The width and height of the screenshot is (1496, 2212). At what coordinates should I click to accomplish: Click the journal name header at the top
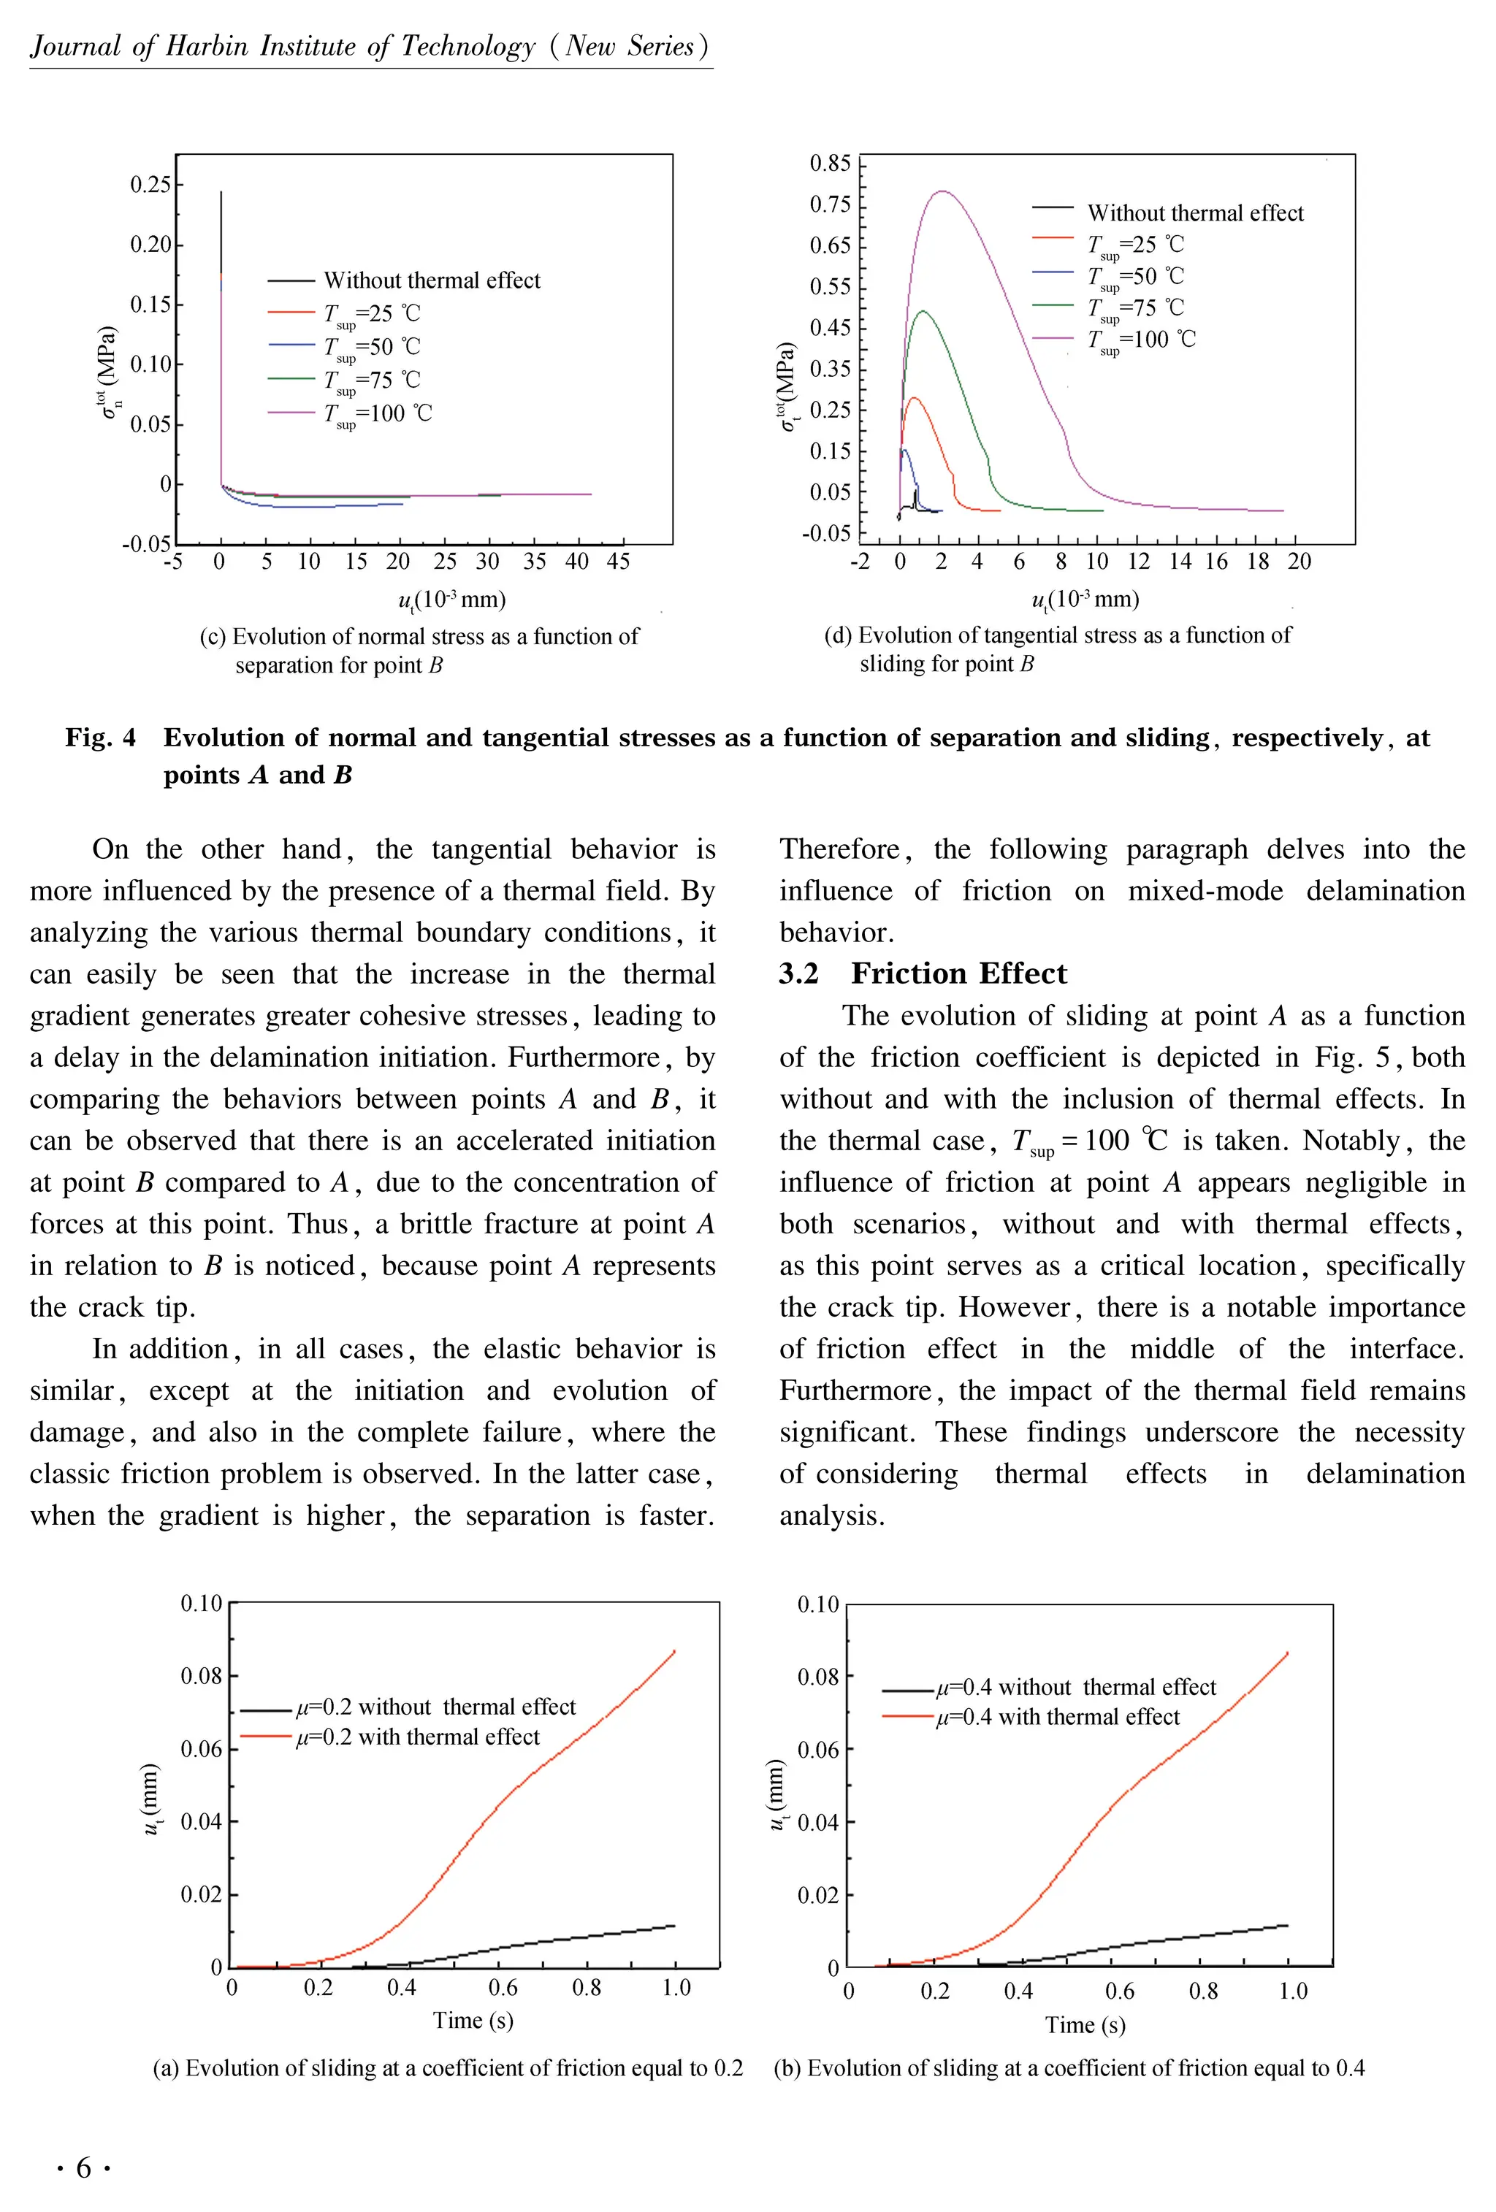click(x=370, y=47)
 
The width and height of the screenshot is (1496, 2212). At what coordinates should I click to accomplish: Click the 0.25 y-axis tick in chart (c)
click(x=150, y=184)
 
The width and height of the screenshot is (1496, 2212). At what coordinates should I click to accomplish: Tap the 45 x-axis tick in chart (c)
click(x=618, y=562)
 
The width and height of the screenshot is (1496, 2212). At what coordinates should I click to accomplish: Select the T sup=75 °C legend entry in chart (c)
click(x=371, y=380)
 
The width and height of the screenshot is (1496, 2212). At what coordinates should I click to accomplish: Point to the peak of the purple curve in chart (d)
click(x=942, y=191)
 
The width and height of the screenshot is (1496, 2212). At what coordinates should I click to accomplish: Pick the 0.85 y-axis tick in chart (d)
click(x=829, y=163)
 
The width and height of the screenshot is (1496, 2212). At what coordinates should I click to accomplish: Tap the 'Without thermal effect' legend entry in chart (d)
click(x=1194, y=213)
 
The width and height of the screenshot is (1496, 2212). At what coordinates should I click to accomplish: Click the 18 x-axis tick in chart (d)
click(x=1257, y=562)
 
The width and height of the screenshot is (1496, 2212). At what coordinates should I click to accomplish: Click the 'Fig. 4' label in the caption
click(x=100, y=738)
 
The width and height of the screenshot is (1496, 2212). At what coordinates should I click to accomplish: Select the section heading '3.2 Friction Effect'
click(x=922, y=973)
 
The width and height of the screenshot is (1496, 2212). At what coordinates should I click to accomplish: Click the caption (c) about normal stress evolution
click(x=419, y=650)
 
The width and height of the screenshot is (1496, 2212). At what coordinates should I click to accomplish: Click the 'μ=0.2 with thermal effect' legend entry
click(x=417, y=1737)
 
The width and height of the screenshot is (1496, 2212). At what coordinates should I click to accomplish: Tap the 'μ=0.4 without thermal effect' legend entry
click(x=1075, y=1688)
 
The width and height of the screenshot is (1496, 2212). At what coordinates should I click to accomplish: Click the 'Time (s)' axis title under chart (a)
click(x=473, y=2020)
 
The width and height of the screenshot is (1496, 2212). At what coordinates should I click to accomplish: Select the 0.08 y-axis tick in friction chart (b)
click(x=817, y=1676)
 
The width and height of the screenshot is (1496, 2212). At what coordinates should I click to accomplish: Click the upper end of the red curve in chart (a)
click(x=674, y=1651)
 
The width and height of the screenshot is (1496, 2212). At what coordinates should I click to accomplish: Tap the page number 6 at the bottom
click(x=84, y=2168)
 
